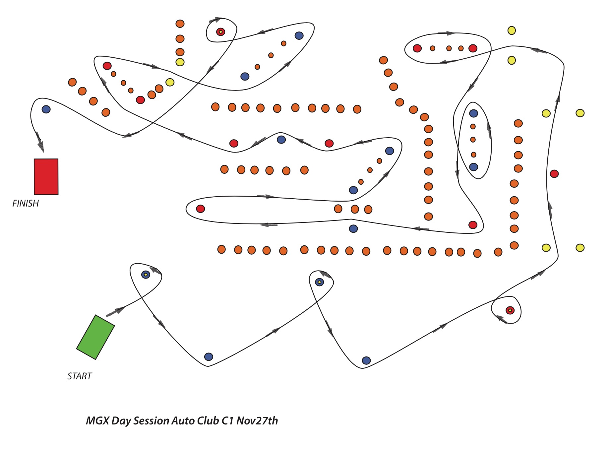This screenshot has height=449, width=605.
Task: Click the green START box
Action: [95, 337]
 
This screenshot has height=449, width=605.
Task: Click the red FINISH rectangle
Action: [46, 176]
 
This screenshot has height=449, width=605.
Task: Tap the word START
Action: [80, 376]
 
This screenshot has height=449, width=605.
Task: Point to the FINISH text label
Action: [26, 203]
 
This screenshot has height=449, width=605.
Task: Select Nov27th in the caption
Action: [257, 421]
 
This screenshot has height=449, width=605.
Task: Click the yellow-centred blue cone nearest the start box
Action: [146, 275]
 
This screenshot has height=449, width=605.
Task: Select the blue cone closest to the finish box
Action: [46, 109]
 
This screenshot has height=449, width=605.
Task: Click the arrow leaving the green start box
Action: [115, 311]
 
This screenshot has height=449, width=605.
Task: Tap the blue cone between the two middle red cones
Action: [281, 140]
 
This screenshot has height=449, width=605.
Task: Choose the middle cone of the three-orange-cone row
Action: [355, 209]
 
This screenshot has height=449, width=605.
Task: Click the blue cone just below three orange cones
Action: [353, 228]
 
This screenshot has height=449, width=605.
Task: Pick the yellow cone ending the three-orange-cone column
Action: [180, 62]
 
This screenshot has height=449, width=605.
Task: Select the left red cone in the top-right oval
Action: [417, 48]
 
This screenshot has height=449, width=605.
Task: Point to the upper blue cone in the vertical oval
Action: [473, 113]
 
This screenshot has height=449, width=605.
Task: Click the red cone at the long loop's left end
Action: [201, 209]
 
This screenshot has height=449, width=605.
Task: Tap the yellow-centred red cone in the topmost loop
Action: [220, 32]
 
